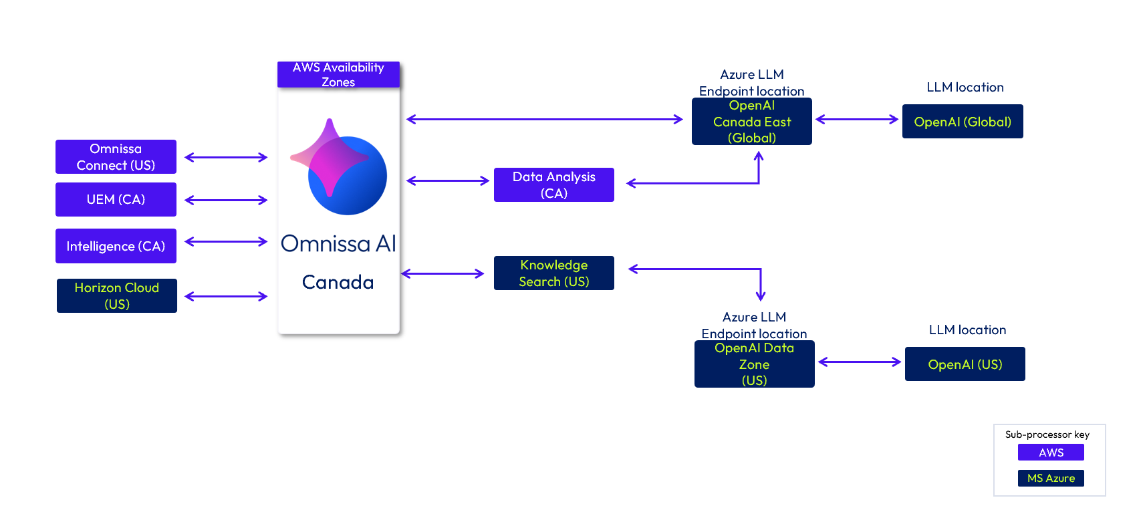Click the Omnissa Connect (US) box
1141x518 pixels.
pos(116,157)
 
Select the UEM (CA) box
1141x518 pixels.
pos(116,199)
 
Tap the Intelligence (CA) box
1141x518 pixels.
pos(116,246)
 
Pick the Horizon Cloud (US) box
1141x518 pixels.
pos(117,295)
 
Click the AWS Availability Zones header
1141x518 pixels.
pos(338,74)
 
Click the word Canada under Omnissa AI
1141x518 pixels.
pos(338,282)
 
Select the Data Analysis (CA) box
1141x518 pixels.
pos(553,184)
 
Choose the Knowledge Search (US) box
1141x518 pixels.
pos(553,273)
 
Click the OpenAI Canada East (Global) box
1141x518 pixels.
pos(752,122)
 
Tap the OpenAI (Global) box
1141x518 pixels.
pos(963,122)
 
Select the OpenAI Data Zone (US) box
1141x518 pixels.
pos(754,364)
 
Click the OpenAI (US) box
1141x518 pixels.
pos(965,364)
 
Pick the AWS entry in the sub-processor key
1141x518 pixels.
pos(1051,452)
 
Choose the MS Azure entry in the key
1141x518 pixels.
pos(1051,478)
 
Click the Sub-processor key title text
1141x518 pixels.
pos(1047,434)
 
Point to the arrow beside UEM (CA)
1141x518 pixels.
pos(226,200)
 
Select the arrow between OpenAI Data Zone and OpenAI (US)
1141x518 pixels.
pos(860,362)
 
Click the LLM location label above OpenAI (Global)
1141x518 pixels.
pos(965,88)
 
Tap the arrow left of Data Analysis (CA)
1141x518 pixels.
pos(448,180)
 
